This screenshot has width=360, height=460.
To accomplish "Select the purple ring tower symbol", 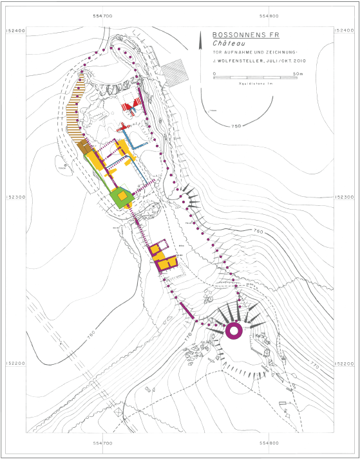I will coord(234,330).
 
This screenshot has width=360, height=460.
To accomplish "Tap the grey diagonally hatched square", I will coord(175,69).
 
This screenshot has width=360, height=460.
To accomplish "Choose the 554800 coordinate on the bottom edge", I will coord(269,443).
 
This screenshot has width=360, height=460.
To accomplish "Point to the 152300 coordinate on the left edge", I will coord(14,197).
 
